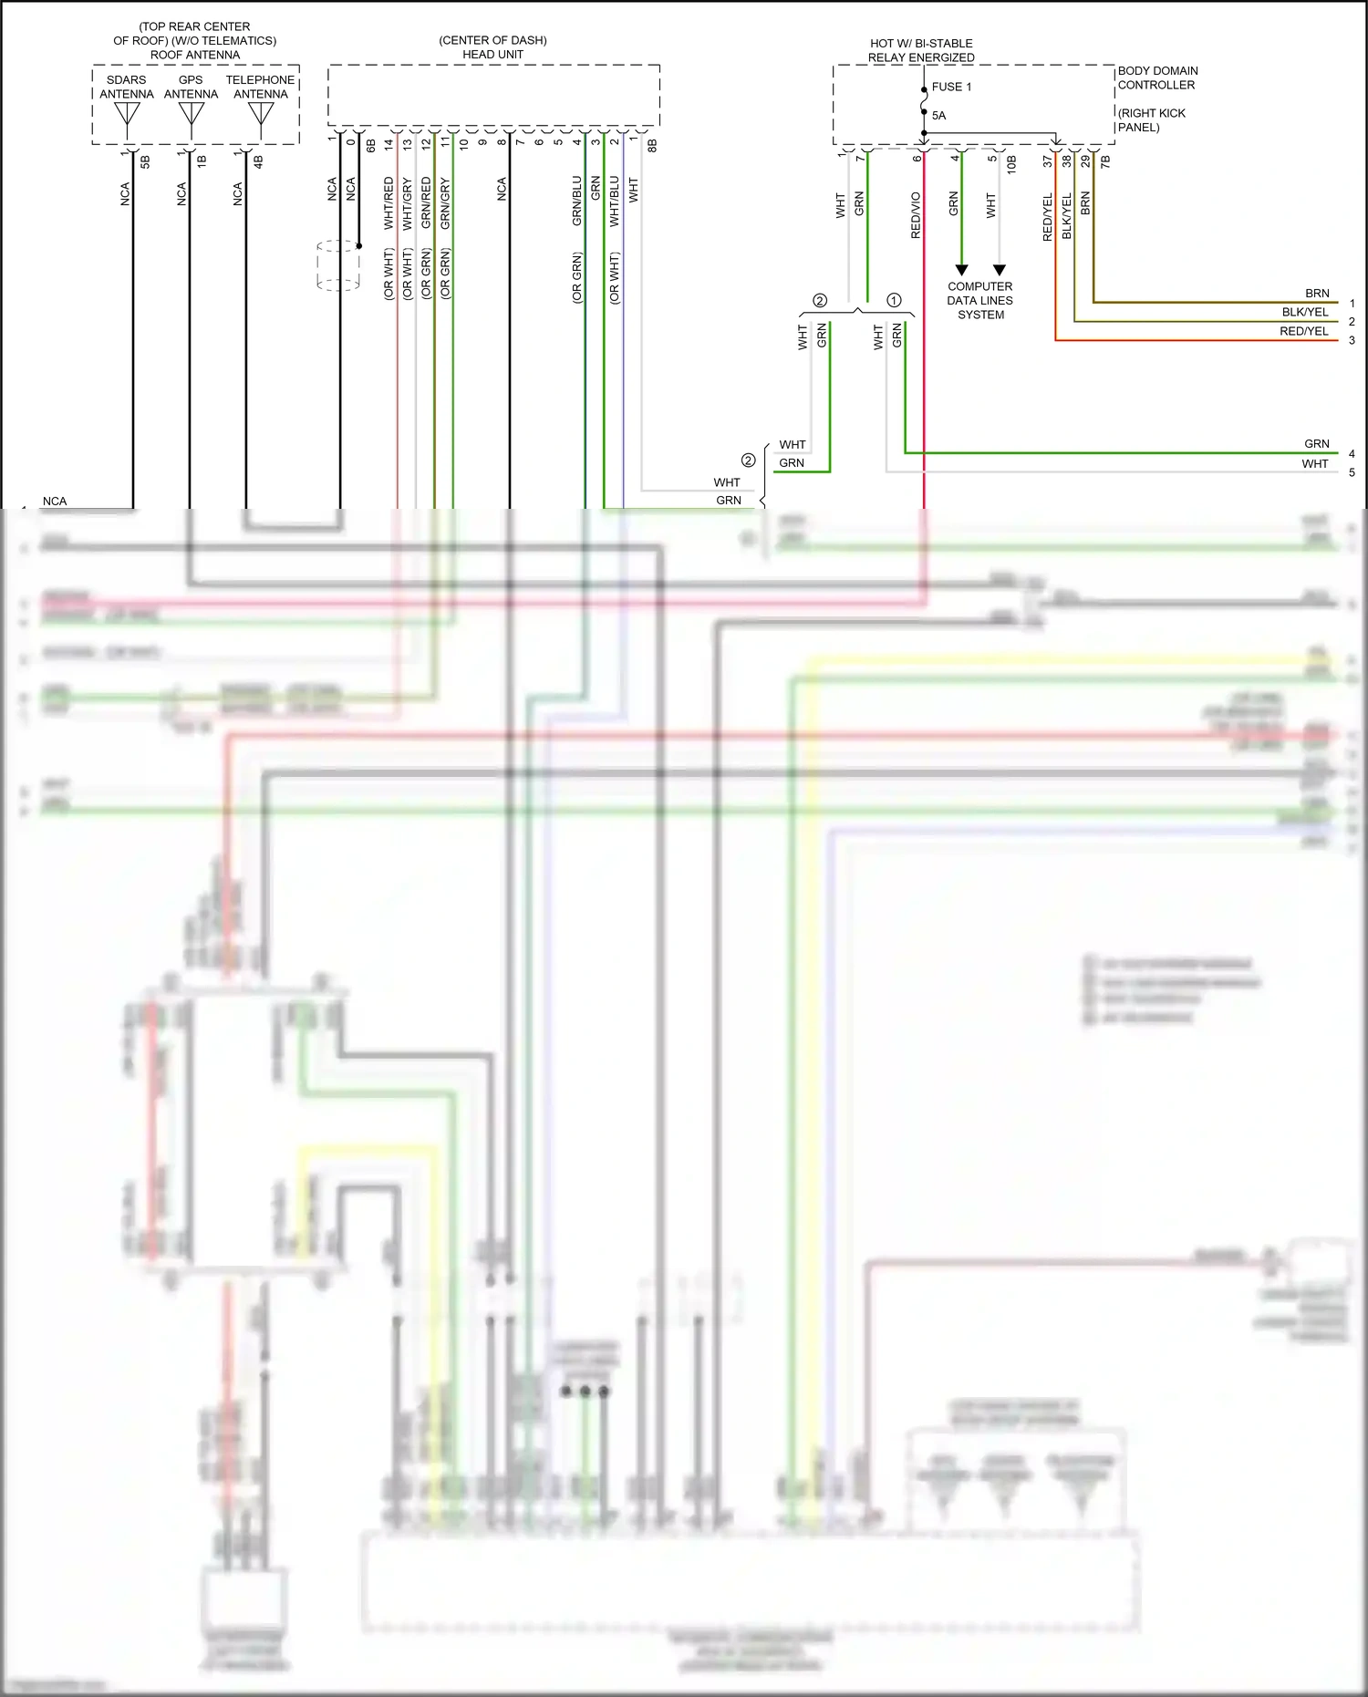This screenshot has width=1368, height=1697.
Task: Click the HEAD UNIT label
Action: click(492, 54)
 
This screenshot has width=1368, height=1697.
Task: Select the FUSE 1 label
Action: click(951, 87)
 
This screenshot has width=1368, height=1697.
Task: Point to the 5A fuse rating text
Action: click(938, 115)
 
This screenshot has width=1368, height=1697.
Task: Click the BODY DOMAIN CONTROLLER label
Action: click(1157, 78)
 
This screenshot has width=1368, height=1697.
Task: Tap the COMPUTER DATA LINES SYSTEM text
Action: click(980, 300)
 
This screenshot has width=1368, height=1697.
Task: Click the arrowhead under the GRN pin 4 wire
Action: click(961, 270)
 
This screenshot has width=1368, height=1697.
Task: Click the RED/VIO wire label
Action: click(916, 215)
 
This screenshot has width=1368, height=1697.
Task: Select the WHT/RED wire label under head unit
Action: click(389, 202)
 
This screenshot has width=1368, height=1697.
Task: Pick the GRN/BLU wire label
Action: click(576, 201)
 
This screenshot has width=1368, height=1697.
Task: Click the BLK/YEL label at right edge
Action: click(1304, 312)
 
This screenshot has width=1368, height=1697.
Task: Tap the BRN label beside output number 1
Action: click(1317, 293)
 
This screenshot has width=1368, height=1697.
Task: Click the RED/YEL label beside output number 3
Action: click(1303, 331)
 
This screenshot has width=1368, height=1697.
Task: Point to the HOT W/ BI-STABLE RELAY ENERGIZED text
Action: click(921, 50)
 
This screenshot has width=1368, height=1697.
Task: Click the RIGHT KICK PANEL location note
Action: click(1151, 119)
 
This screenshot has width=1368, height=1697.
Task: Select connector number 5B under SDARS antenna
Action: click(145, 161)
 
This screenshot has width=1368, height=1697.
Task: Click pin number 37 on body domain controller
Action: click(1047, 160)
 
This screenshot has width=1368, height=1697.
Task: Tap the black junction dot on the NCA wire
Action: click(359, 246)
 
